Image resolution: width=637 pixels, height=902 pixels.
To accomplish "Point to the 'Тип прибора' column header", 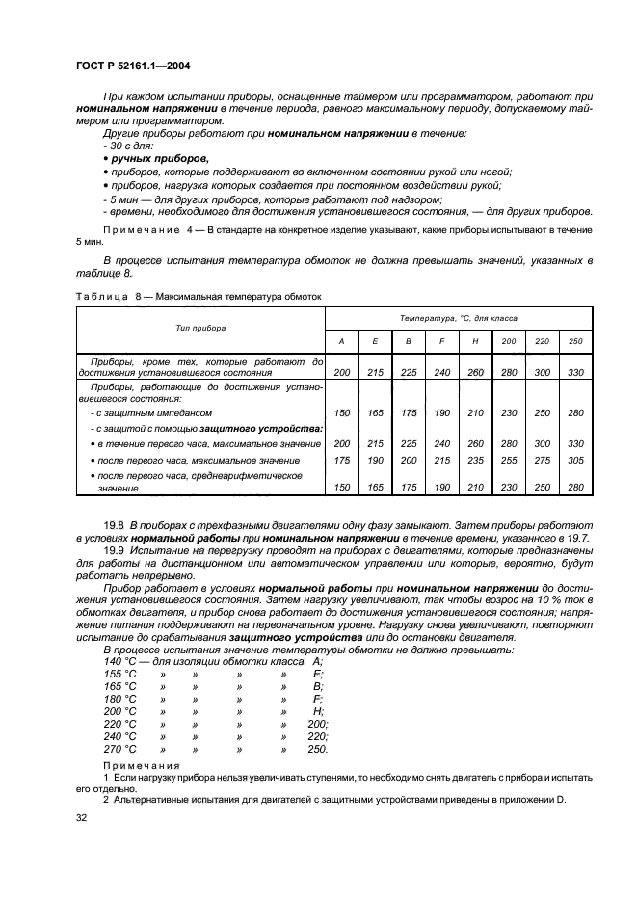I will click(201, 328).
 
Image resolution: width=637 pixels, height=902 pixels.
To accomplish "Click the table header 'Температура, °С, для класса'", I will click(458, 317).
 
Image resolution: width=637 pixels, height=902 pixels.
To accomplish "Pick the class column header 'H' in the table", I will click(473, 342).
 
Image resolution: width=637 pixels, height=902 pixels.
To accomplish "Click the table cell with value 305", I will click(575, 461).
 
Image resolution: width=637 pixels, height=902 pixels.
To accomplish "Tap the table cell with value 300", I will click(542, 371).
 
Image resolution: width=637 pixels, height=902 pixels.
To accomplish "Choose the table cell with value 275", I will click(542, 461).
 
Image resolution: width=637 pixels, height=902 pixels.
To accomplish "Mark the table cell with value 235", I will click(473, 461).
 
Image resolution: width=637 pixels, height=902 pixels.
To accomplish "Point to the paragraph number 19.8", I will click(114, 523).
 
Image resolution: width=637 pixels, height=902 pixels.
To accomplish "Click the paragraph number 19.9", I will click(114, 549).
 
